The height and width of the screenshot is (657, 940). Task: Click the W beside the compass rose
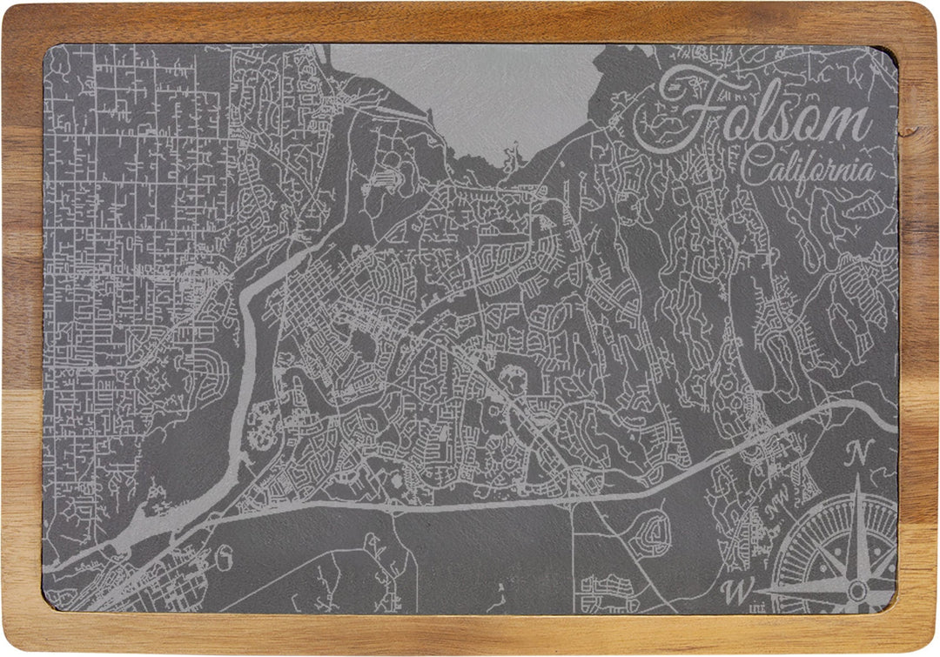point(736,591)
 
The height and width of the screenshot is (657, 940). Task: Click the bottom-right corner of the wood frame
point(928,645)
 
